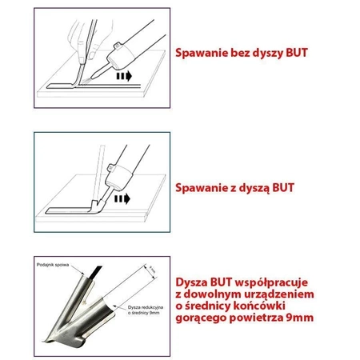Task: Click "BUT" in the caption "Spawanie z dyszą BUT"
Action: (x=290, y=188)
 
